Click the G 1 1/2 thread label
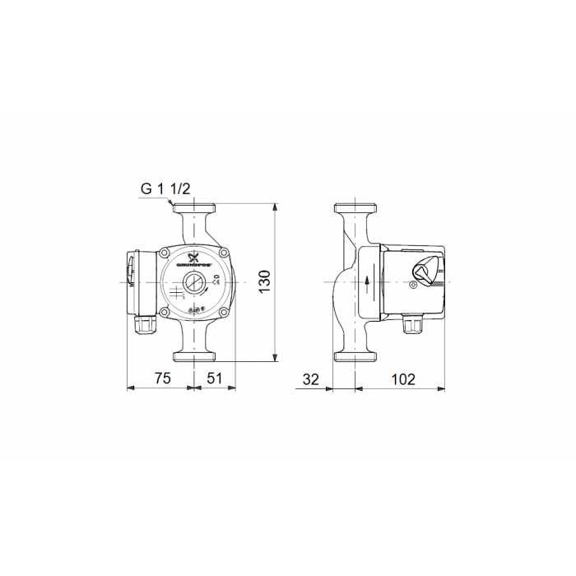point(165,188)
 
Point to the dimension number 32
point(311,379)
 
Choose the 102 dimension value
point(402,379)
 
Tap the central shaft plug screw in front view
point(193,286)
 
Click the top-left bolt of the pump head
point(166,253)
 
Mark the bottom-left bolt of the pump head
point(166,313)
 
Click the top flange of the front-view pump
point(193,207)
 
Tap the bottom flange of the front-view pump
point(193,356)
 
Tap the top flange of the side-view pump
point(355,207)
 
